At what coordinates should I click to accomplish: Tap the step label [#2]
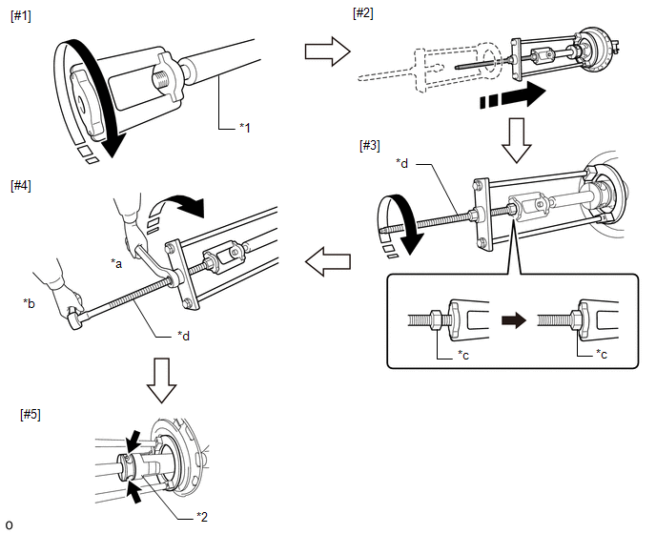click(x=363, y=11)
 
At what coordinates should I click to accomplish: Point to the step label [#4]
click(x=19, y=185)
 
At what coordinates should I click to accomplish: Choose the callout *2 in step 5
click(x=202, y=516)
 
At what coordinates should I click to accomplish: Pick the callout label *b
click(x=30, y=302)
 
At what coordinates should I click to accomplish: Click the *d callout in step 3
click(x=402, y=164)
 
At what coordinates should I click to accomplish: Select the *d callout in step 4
click(x=184, y=335)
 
